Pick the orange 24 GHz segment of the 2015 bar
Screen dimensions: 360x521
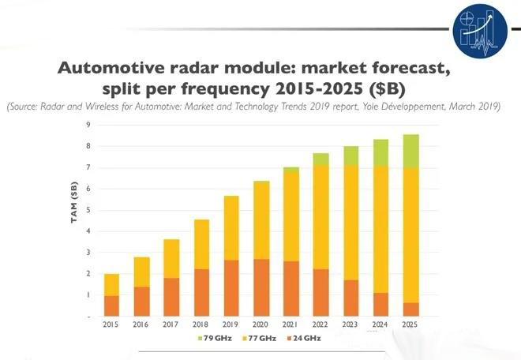pyautogui.click(x=111, y=306)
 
